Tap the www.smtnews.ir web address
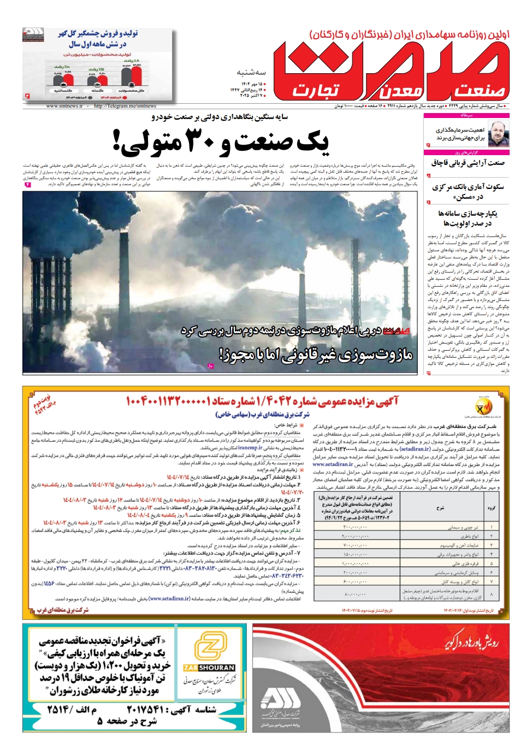[x=64, y=106]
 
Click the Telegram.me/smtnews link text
[x=125, y=106]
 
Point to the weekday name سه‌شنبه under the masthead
[x=251, y=72]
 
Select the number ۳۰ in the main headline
[x=203, y=141]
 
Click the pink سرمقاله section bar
[x=466, y=115]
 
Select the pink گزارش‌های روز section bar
[x=466, y=152]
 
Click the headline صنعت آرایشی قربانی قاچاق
[x=468, y=163]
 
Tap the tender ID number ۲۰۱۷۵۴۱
[x=145, y=709]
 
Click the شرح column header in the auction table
[x=440, y=507]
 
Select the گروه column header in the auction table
[x=491, y=507]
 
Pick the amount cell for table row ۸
[x=354, y=594]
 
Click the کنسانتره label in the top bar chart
[x=63, y=90]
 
